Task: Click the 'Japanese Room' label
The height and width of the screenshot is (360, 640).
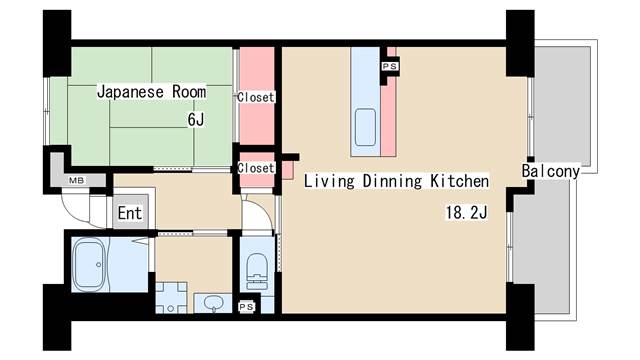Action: [x=151, y=92]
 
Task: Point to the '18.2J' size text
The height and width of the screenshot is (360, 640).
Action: [x=466, y=212]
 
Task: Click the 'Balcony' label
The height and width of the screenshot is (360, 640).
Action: [x=551, y=171]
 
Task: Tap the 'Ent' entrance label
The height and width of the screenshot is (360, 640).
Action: [x=130, y=213]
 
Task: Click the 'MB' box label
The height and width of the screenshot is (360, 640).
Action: [x=75, y=180]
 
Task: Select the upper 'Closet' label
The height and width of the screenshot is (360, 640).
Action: [x=256, y=97]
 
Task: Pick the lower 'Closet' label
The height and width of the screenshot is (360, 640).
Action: [x=256, y=168]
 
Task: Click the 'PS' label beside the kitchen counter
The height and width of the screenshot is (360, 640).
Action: [x=389, y=66]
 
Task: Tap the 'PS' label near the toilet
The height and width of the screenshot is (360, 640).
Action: [x=246, y=306]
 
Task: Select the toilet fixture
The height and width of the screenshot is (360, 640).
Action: [x=256, y=267]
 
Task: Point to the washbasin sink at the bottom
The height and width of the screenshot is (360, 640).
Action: [x=212, y=302]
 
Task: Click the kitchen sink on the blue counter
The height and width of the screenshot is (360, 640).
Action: [x=364, y=128]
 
